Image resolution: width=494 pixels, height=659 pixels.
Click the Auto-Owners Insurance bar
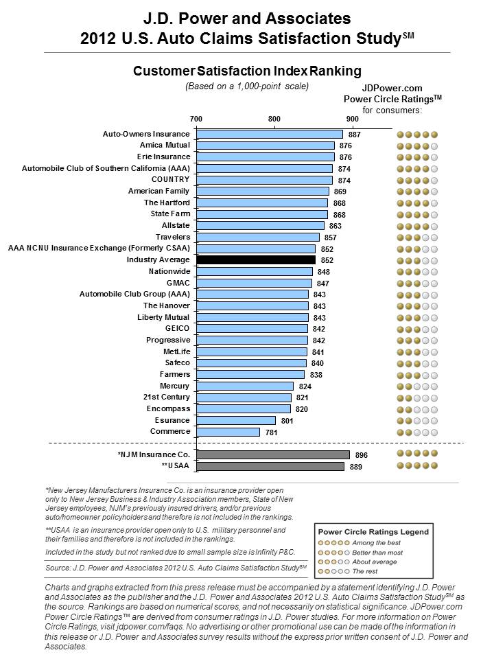coord(269,134)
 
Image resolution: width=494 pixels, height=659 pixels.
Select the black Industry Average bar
coord(256,259)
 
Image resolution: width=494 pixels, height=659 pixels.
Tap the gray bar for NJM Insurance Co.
coord(273,454)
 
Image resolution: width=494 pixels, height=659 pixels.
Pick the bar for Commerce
coord(228,432)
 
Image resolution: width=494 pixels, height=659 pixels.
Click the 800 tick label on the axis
coord(274,119)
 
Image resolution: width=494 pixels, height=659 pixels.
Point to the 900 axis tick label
coord(353,119)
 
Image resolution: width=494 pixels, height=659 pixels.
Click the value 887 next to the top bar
coord(355,135)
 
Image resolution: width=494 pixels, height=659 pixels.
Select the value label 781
coord(272,432)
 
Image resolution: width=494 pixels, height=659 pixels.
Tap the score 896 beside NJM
coord(362,455)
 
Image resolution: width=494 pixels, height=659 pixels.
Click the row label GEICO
coord(177,328)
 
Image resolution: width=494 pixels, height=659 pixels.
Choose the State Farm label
coord(171,213)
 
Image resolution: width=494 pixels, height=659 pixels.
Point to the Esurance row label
coord(172,420)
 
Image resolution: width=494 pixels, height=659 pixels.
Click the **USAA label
coord(176,465)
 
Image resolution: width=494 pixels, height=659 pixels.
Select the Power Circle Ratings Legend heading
coord(373,531)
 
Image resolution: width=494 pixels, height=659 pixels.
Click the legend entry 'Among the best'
coord(377,542)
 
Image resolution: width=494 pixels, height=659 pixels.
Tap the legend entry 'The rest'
coord(365,571)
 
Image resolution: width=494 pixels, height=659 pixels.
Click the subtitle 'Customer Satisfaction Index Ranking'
coord(247,71)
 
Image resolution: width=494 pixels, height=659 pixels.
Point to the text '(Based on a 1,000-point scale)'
coord(247,86)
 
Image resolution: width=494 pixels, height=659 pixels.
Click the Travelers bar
coord(257,237)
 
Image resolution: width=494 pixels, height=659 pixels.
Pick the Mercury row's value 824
coord(305,386)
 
